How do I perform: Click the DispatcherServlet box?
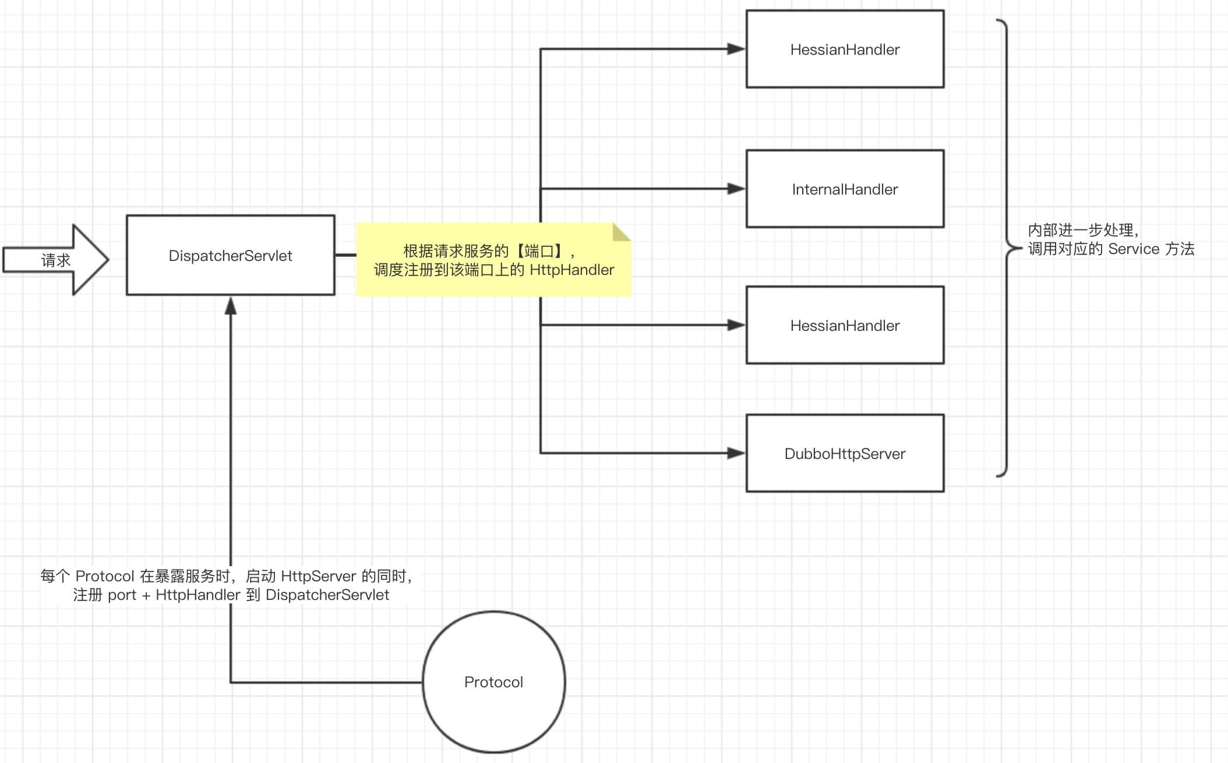tap(230, 255)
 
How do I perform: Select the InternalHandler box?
tap(845, 189)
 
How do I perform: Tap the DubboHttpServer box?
tap(845, 453)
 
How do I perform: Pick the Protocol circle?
tap(493, 681)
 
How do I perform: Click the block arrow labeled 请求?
tap(56, 260)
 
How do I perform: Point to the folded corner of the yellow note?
tap(621, 232)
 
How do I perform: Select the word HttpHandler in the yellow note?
tap(571, 270)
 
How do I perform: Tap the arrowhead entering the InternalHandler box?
tap(736, 189)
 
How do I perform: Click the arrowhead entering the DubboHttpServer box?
tap(736, 453)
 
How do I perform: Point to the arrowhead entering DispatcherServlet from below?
tap(231, 305)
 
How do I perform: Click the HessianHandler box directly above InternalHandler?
tap(845, 50)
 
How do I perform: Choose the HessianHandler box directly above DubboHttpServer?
tap(845, 325)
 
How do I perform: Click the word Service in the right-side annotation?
tap(1134, 249)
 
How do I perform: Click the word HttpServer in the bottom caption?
tap(318, 576)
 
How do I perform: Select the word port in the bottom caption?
tap(122, 595)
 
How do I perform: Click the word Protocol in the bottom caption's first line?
tap(105, 576)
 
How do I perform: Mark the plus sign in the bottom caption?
tap(146, 595)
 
